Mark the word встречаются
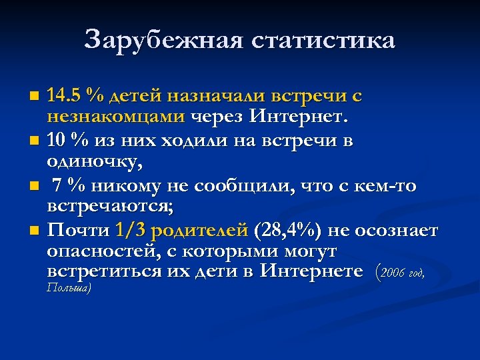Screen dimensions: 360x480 coord(110,207)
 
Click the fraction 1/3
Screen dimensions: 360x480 coord(133,231)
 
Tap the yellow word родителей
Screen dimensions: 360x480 coord(200,231)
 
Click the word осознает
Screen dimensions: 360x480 coord(396,231)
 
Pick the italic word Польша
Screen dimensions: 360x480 coord(69,288)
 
